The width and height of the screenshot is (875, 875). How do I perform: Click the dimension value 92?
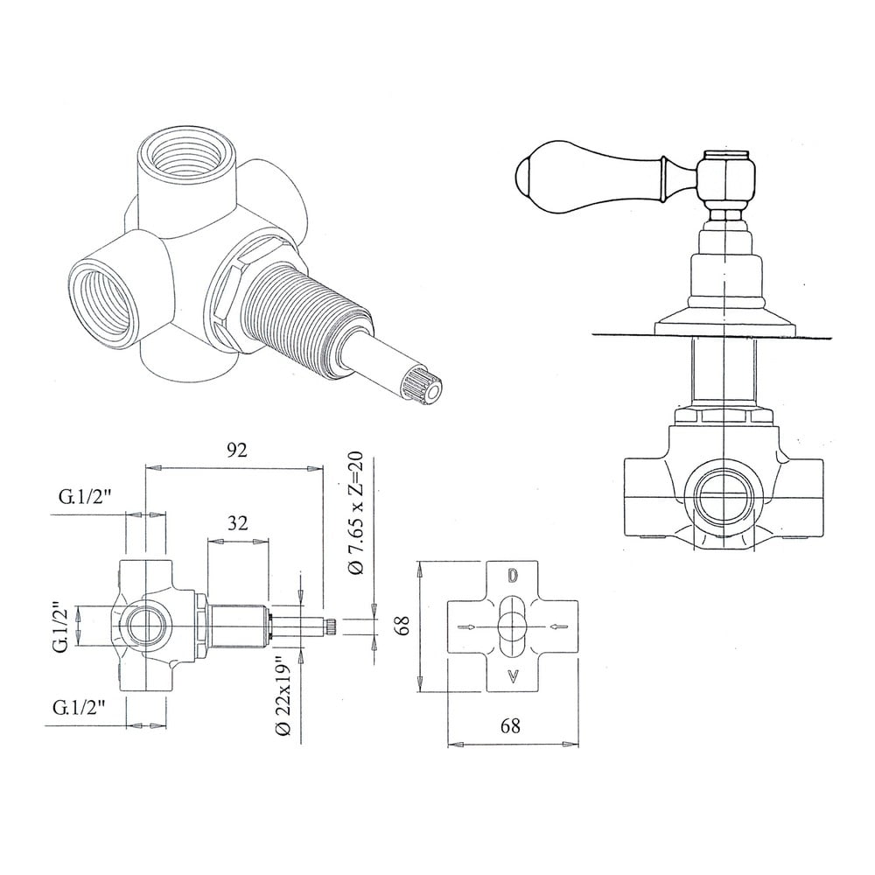click(236, 450)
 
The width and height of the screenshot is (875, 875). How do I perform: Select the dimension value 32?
click(238, 523)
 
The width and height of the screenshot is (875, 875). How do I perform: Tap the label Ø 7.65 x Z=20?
click(355, 513)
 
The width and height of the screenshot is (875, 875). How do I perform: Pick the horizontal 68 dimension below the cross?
click(510, 725)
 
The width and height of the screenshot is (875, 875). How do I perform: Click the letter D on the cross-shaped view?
click(513, 576)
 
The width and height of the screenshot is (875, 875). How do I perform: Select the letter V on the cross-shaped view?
click(513, 677)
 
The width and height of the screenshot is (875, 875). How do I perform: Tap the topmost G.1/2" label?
click(86, 497)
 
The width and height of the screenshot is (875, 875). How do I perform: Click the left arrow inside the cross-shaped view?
click(467, 626)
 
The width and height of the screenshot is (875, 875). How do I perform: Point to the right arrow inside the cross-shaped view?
click(558, 626)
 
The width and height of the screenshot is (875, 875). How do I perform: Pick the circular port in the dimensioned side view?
click(147, 625)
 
